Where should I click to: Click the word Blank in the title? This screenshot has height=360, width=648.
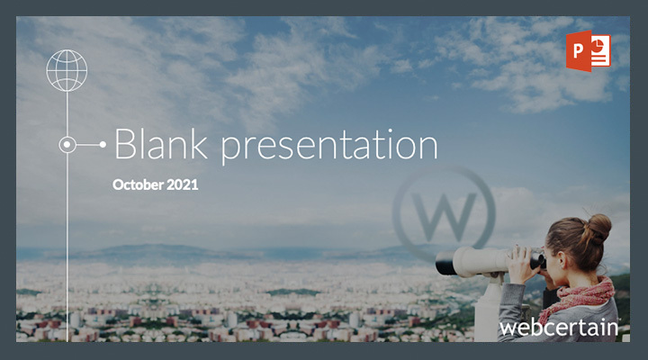tap(161, 144)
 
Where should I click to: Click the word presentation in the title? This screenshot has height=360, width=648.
tap(329, 147)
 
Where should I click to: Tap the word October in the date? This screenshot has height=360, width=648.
tap(138, 184)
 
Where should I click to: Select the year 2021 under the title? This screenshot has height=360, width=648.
tap(183, 184)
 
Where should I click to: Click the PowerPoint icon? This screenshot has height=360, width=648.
tap(588, 50)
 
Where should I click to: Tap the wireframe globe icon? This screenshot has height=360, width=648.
tap(67, 70)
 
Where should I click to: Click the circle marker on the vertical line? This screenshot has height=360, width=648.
tap(67, 145)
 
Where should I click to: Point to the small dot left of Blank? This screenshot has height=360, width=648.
tap(103, 144)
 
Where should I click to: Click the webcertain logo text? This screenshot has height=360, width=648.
tap(559, 328)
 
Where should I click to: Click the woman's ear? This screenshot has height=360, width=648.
tap(561, 261)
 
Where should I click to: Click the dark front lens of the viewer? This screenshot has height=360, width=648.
tap(445, 263)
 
